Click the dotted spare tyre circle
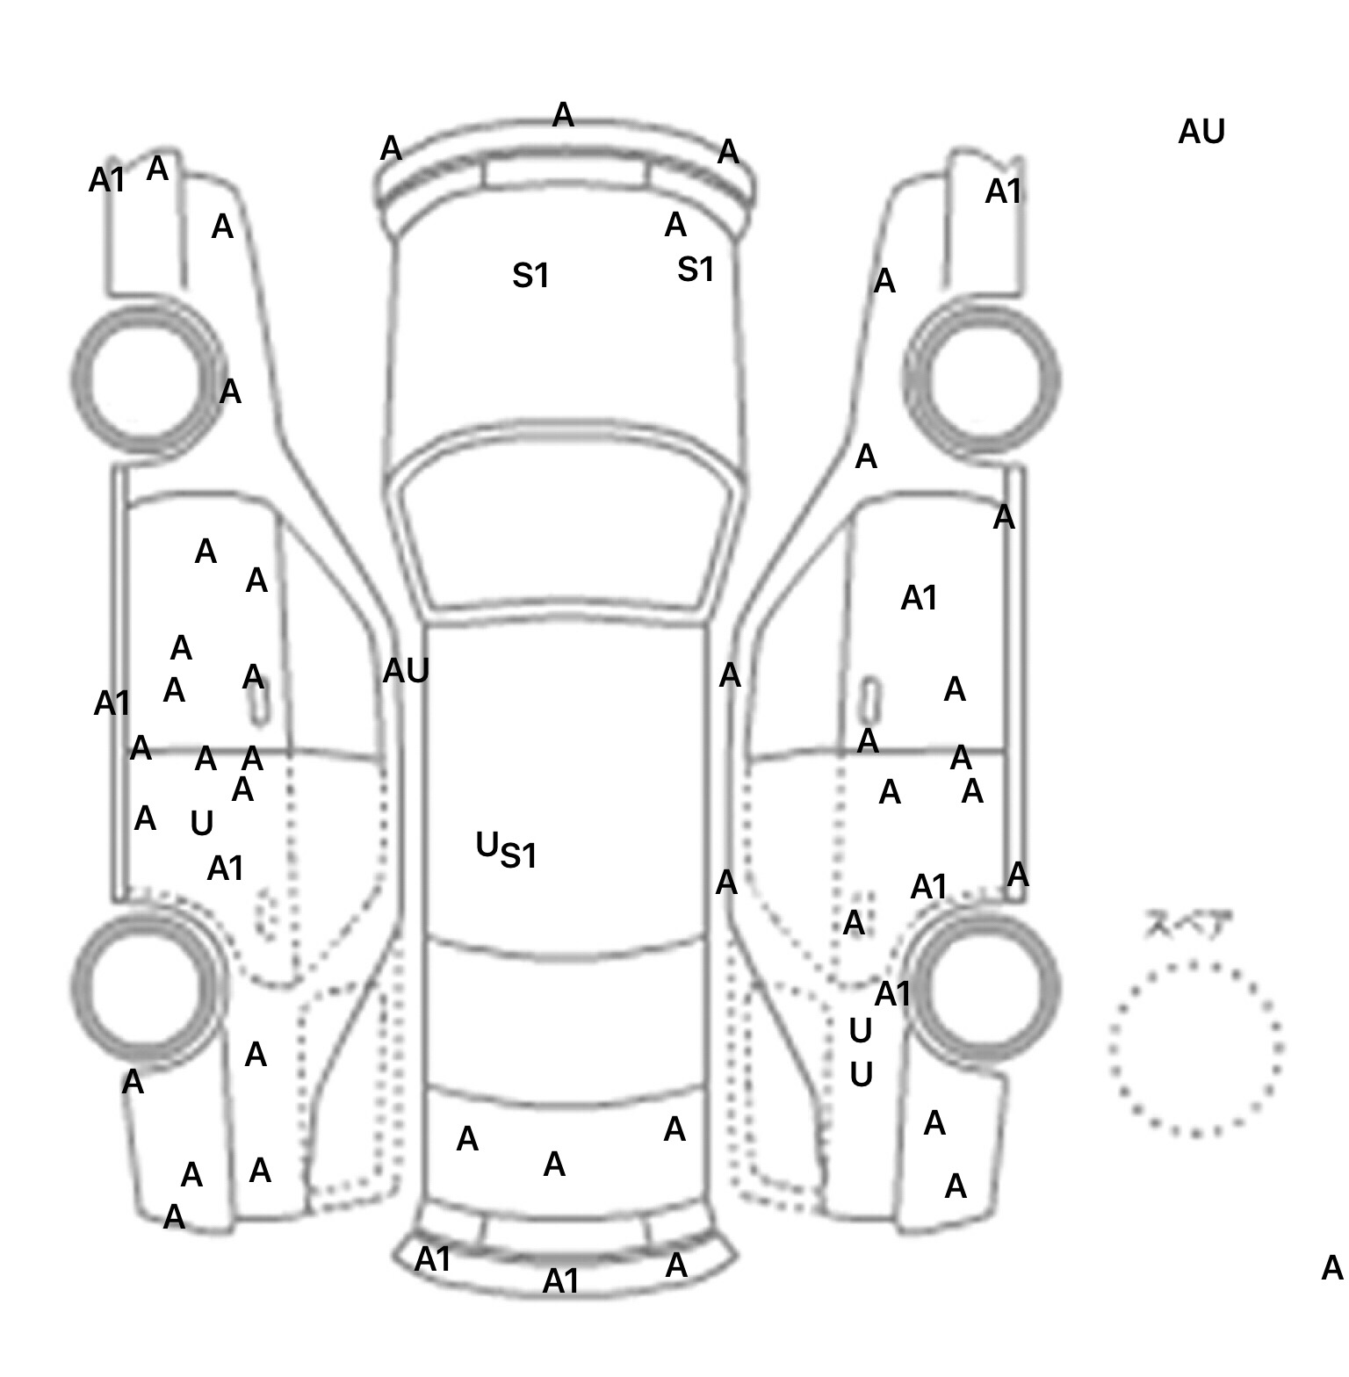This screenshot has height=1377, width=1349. [1194, 1049]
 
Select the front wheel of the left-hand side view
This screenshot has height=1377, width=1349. [146, 378]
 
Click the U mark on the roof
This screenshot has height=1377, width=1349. [486, 845]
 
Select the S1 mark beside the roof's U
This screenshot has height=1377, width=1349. [518, 855]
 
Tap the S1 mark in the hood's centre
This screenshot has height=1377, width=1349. [530, 277]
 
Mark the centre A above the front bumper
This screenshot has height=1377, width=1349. [563, 115]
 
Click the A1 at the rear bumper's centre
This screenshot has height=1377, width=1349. [561, 1281]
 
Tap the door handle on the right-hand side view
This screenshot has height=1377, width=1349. [869, 698]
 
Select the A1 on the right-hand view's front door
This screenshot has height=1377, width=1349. [919, 599]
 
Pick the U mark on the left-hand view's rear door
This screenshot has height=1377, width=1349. [201, 824]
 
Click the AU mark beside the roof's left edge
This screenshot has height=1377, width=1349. [406, 672]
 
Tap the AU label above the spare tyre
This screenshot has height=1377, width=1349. [1201, 133]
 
